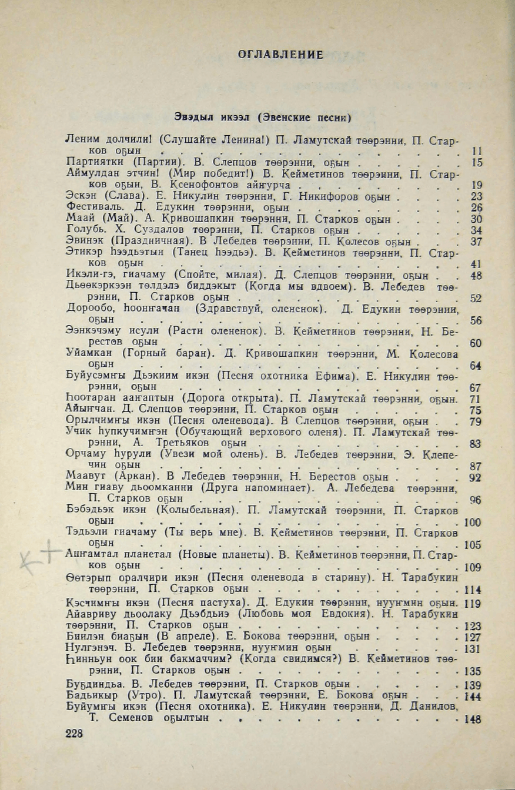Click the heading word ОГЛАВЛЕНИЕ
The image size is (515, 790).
click(x=280, y=55)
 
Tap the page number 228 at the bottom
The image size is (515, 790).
click(x=75, y=732)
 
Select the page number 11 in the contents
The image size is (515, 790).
click(x=477, y=151)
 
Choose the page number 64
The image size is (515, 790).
click(x=476, y=366)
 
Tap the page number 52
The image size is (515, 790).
click(x=476, y=298)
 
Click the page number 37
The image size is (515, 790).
click(x=476, y=242)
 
